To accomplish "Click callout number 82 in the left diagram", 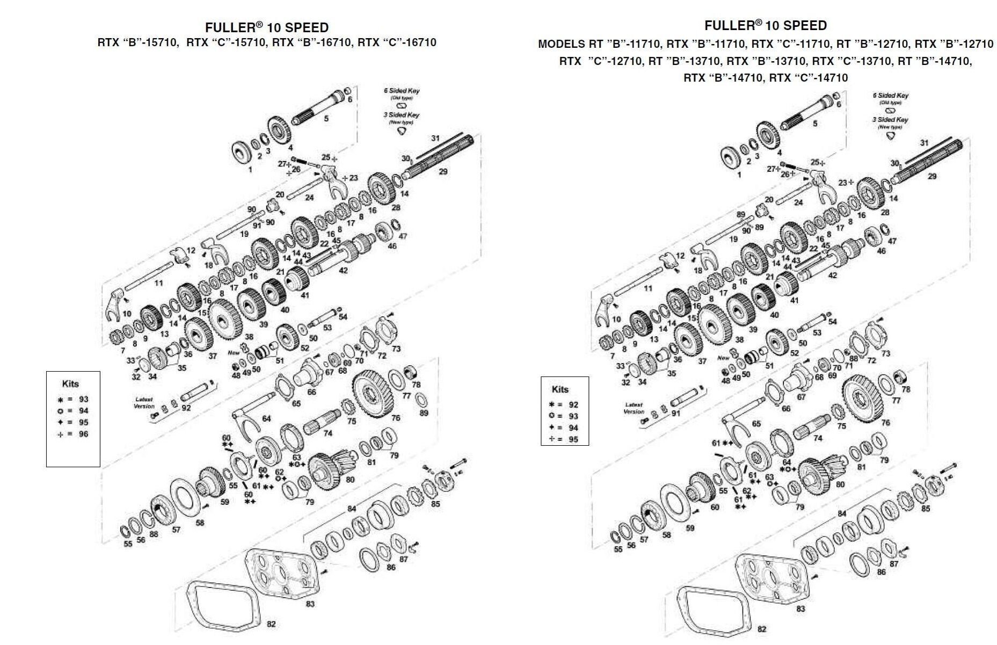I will click(271, 624).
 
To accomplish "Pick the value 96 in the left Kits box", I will click(83, 434).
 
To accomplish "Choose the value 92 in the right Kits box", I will click(573, 404).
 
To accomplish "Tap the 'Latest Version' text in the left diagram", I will click(144, 403).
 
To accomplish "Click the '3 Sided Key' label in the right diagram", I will click(890, 120).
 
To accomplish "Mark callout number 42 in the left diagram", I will click(343, 271).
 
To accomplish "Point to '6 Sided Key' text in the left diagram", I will click(402, 91).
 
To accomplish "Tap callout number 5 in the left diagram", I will click(326, 118).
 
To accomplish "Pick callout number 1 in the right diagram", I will click(739, 175).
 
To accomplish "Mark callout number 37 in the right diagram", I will click(702, 361).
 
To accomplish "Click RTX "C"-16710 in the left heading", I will click(397, 42).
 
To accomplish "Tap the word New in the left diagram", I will click(234, 353).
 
